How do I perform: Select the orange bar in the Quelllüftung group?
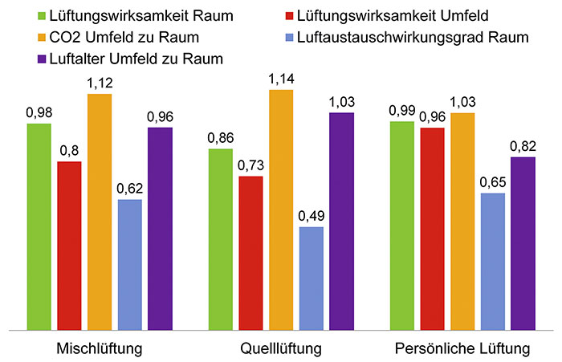[x=281, y=209]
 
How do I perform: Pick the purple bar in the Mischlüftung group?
[x=161, y=228]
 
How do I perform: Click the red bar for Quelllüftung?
[x=250, y=252]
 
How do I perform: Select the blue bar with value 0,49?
[x=312, y=278]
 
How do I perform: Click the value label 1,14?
[x=281, y=79]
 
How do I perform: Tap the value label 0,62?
[x=130, y=188]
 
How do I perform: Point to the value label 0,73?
[x=250, y=165]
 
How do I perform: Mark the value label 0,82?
[x=523, y=145]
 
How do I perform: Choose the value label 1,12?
[x=100, y=83]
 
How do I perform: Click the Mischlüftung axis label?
[x=100, y=350]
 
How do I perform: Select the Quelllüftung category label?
[x=281, y=350]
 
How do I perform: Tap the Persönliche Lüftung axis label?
[x=462, y=350]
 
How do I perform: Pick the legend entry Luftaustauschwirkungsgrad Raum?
[x=413, y=37]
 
